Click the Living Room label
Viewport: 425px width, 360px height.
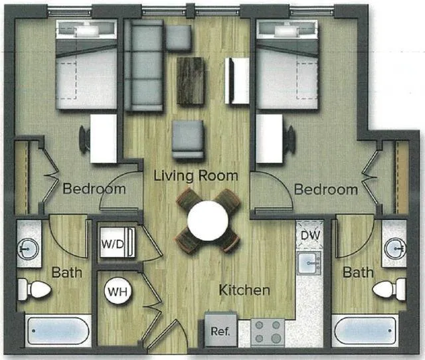pos(195,176)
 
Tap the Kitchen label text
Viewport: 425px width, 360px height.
pos(245,290)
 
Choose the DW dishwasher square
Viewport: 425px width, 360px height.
pos(310,234)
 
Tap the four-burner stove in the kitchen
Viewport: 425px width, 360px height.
pos(268,331)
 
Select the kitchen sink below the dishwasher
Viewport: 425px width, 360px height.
pos(310,264)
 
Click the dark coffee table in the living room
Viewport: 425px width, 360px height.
pos(191,80)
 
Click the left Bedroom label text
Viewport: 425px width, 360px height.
pos(94,189)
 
